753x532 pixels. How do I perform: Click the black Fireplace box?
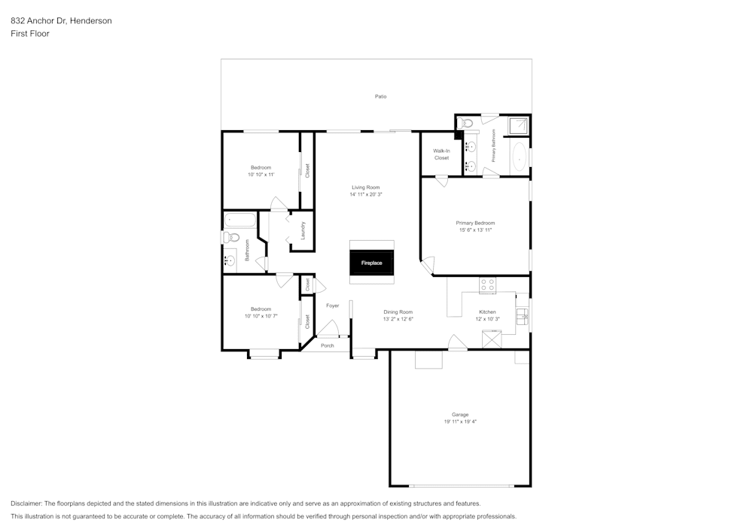pyautogui.click(x=371, y=263)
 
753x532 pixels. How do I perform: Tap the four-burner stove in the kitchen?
pyautogui.click(x=488, y=285)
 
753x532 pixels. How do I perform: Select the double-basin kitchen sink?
pyautogui.click(x=522, y=316)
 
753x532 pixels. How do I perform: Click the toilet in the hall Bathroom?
pyautogui.click(x=232, y=238)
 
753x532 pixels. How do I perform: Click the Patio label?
pyautogui.click(x=381, y=96)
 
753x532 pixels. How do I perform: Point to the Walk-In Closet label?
pyautogui.click(x=441, y=154)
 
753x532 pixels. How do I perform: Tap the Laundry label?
pyautogui.click(x=303, y=230)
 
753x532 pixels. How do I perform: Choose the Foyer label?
pyautogui.click(x=332, y=306)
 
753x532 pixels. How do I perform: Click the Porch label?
pyautogui.click(x=327, y=345)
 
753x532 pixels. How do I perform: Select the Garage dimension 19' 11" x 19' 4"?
pyautogui.click(x=460, y=421)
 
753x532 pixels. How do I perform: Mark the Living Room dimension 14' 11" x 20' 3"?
pyautogui.click(x=366, y=194)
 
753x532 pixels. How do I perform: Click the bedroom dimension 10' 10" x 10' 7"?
pyautogui.click(x=261, y=316)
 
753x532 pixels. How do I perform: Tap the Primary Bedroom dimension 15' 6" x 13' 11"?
pyautogui.click(x=475, y=230)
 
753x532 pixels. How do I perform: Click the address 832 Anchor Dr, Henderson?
pyautogui.click(x=61, y=21)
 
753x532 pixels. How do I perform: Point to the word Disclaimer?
pyautogui.click(x=26, y=503)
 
